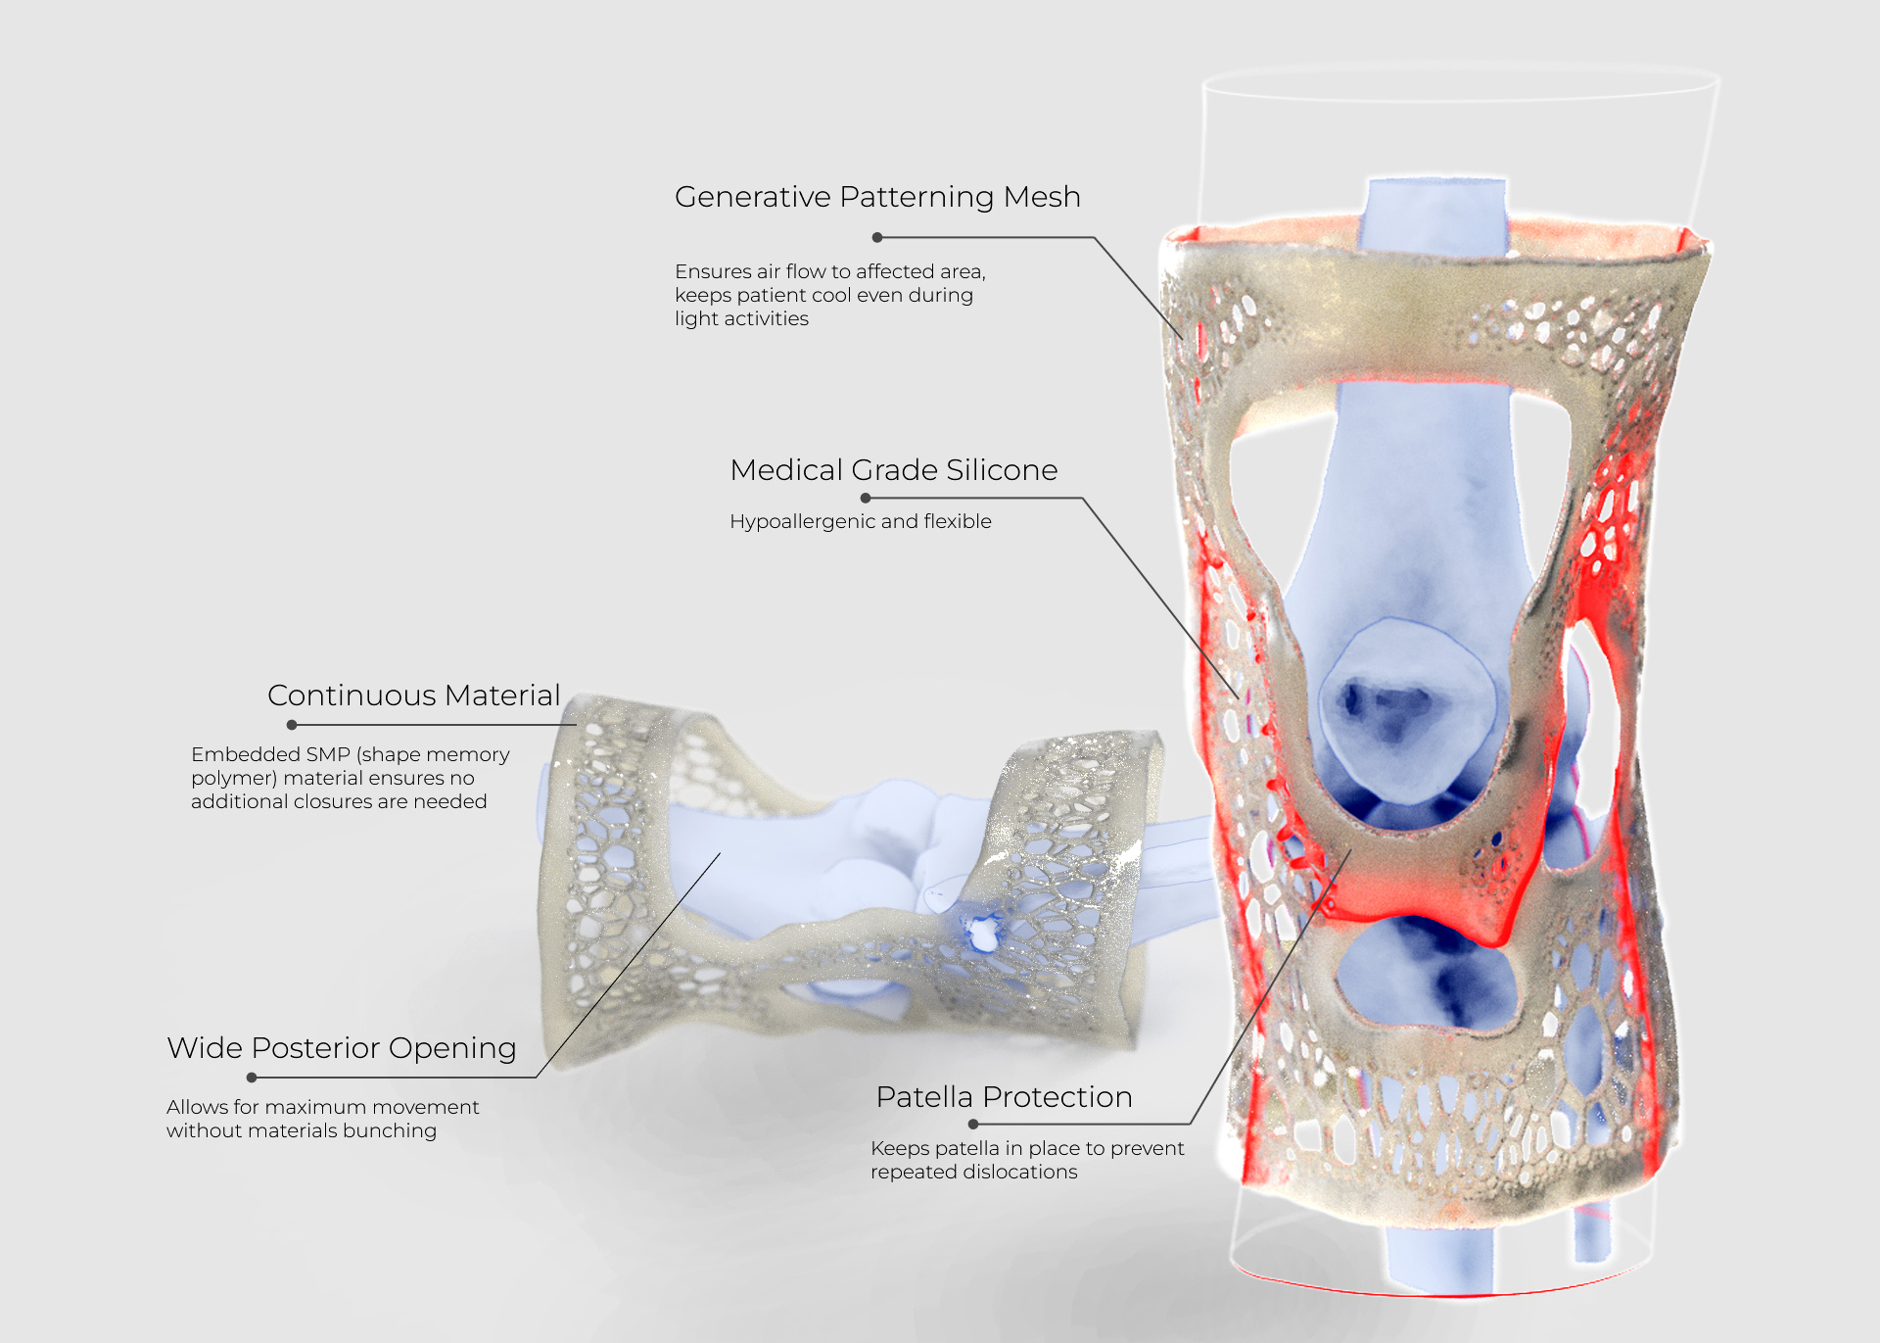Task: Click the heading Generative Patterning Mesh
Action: click(877, 197)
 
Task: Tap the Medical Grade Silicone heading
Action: click(893, 470)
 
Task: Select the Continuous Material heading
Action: click(413, 695)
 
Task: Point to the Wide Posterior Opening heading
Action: click(341, 1048)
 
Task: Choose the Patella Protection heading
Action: click(1004, 1097)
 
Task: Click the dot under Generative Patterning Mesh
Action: click(877, 237)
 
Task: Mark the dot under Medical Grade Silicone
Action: click(866, 498)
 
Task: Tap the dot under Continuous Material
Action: click(292, 725)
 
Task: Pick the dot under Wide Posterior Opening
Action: click(252, 1078)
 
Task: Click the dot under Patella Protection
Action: click(973, 1124)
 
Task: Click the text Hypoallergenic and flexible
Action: click(860, 521)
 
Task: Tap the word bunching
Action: click(390, 1130)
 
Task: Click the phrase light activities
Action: click(741, 318)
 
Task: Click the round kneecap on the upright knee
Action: click(1405, 705)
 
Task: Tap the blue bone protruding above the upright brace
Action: click(1435, 211)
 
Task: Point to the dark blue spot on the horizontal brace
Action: click(981, 932)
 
